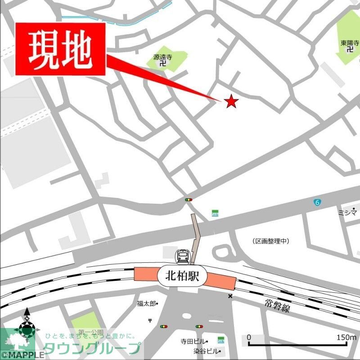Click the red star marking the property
(x=231, y=101)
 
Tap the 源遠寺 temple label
(x=162, y=57)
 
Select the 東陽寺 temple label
(x=350, y=43)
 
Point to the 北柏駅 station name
(x=181, y=274)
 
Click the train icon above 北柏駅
(x=182, y=256)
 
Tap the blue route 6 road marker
(x=318, y=203)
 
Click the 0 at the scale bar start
(x=249, y=337)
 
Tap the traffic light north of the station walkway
(x=188, y=199)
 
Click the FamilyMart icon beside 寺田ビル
(x=220, y=339)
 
